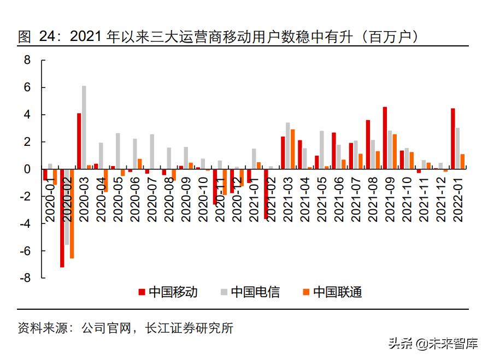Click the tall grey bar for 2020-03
point(84,127)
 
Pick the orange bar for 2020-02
point(72,213)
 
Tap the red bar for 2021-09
point(385,138)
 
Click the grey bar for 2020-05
point(117,151)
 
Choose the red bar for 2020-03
point(79,141)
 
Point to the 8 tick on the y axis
point(27,60)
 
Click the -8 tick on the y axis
point(25,278)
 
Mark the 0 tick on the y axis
point(27,169)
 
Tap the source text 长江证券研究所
point(189,328)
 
